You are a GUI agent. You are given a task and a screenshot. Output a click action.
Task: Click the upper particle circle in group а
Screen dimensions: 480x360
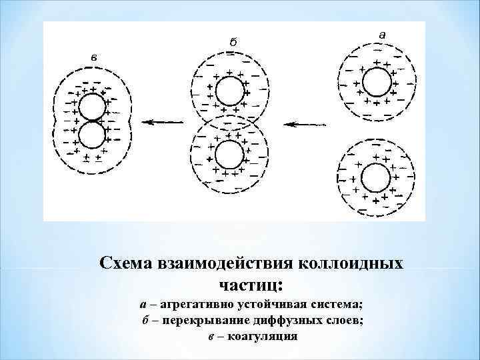pyautogui.click(x=377, y=84)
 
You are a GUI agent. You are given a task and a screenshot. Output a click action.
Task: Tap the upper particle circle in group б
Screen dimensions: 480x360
pyautogui.click(x=230, y=91)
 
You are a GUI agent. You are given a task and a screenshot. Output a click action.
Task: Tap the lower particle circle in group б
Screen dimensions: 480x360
pyautogui.click(x=230, y=155)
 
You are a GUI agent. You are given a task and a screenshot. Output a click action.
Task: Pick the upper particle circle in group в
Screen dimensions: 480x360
pyautogui.click(x=92, y=107)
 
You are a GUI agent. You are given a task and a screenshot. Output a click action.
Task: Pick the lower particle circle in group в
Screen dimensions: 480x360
pyautogui.click(x=92, y=136)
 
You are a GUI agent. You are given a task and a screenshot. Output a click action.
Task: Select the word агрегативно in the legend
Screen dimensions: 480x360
pyautogui.click(x=194, y=305)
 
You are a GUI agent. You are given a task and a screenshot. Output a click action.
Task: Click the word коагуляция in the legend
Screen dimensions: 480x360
pyautogui.click(x=262, y=335)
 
